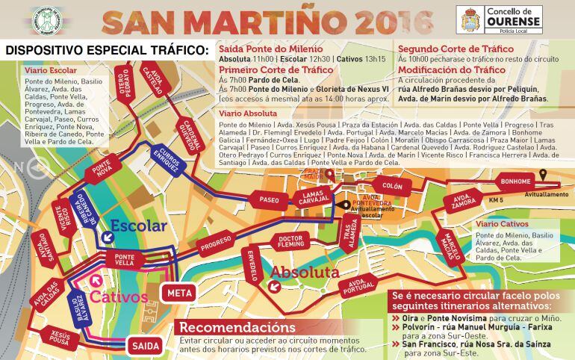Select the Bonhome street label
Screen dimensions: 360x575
[x=516, y=181]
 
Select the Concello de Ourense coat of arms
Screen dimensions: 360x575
[x=470, y=19]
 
